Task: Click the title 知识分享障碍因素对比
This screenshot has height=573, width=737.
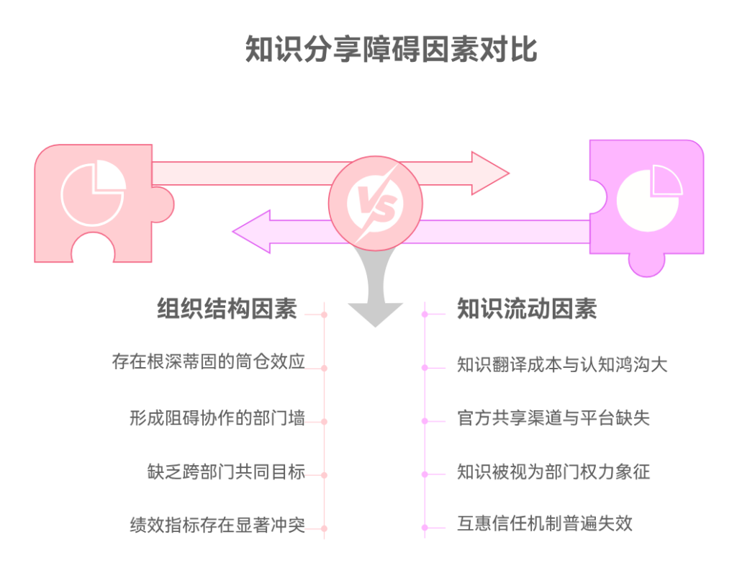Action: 391,50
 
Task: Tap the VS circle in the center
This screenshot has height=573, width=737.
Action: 375,203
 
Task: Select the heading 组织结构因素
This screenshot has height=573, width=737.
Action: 227,309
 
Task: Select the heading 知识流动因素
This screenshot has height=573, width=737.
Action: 527,309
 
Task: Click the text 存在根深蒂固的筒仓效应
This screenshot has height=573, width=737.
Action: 208,361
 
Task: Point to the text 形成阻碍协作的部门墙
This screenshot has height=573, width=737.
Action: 217,418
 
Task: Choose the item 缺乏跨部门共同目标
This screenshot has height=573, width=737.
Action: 226,472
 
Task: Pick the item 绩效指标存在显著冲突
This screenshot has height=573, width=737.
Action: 217,525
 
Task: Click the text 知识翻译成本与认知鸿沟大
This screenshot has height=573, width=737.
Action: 562,364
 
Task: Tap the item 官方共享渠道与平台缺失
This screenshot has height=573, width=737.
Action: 553,418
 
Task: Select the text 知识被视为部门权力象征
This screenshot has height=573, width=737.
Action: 553,472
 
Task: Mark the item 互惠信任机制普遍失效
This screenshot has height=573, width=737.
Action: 545,523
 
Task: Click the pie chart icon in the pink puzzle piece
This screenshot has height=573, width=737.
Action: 94,194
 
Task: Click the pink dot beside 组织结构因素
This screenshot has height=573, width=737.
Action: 325,315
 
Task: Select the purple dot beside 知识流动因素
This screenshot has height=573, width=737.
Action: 425,315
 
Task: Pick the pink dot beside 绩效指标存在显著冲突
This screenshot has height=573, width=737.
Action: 325,528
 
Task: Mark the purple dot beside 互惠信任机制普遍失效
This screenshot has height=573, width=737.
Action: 425,528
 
